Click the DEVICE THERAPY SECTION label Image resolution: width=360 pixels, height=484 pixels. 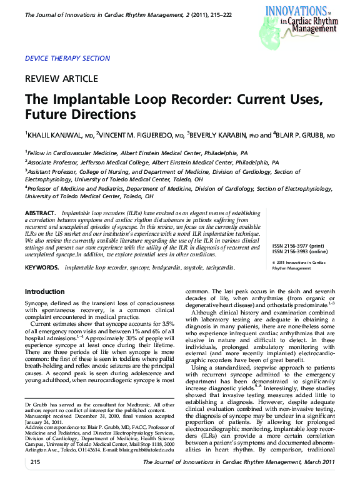pos(67,58)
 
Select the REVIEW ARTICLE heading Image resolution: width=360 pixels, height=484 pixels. pos(61,79)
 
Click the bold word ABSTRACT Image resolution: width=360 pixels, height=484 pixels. pos(41,213)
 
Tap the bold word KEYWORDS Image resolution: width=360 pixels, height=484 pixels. pos(42,268)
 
